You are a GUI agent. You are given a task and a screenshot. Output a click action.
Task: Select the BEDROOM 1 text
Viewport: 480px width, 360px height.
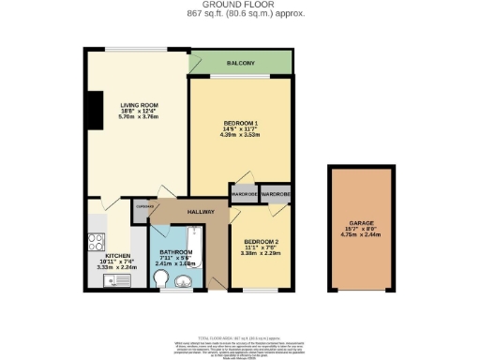click(x=243, y=125)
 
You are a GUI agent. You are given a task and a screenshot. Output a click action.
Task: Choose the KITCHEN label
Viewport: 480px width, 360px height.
click(x=117, y=255)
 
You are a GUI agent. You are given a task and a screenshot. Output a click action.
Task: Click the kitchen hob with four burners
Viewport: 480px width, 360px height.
click(x=96, y=240)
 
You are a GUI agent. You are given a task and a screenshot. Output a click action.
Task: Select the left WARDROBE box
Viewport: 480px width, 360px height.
click(x=244, y=194)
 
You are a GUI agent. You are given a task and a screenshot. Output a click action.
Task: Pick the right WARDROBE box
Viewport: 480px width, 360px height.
click(x=275, y=194)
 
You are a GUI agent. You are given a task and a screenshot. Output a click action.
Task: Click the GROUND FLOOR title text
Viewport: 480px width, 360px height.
click(x=240, y=6)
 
